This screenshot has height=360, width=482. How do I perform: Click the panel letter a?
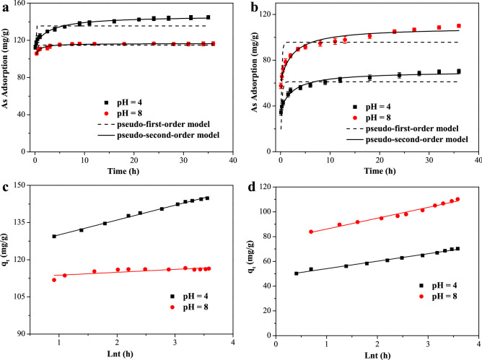point(6,6)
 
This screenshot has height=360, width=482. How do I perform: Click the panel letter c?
point(6,190)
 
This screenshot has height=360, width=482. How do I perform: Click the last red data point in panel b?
point(458,26)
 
